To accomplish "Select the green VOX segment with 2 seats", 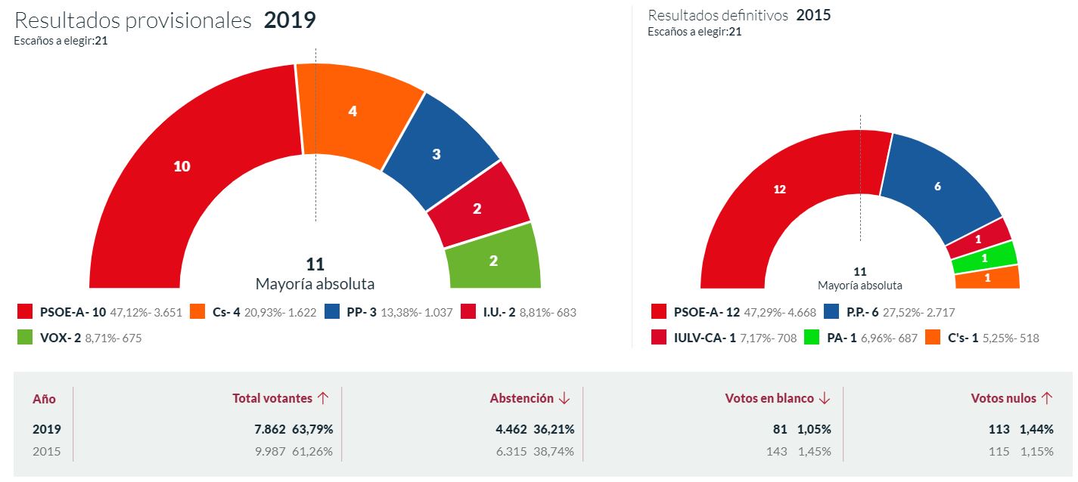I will [493, 260].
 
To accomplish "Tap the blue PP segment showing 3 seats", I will [436, 155].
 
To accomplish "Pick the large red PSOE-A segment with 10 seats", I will [182, 166].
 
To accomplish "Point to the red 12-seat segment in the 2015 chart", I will [780, 190].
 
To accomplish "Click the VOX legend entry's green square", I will [25, 338].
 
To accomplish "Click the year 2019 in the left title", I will [290, 20].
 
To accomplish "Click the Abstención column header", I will [522, 398].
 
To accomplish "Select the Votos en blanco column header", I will [769, 398].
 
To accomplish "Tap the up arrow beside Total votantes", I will [323, 398].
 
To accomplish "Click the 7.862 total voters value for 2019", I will [270, 429].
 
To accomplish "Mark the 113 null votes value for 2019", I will [999, 429].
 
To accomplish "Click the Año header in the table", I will [44, 399].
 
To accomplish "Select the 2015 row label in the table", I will [46, 452].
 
